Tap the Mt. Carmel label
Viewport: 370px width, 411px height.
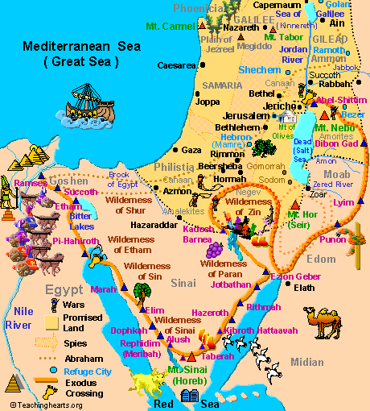(170, 27)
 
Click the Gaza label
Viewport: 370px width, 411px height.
(191, 150)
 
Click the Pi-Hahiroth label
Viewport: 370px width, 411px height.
(74, 240)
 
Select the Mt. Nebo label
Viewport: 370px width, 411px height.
(332, 127)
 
